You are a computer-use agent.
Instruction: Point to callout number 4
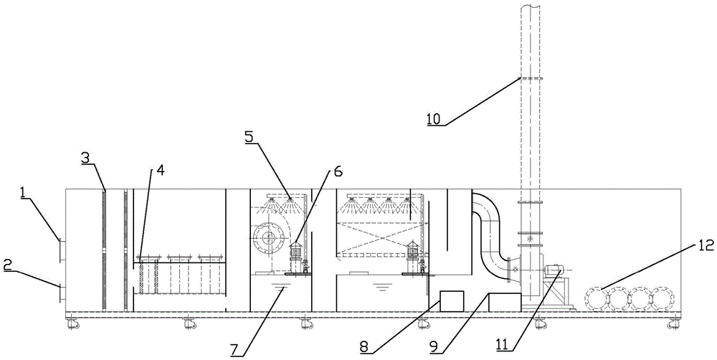tap(160, 171)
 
